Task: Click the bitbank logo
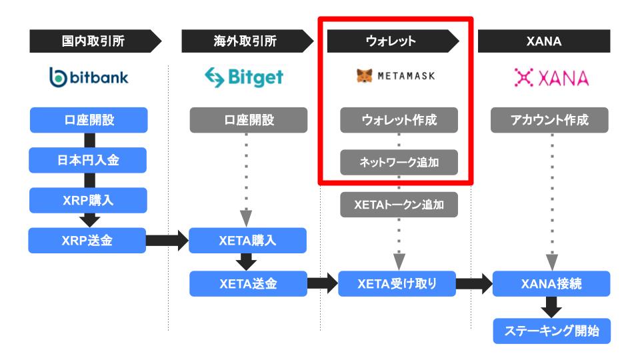(x=89, y=77)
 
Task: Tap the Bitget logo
(x=244, y=77)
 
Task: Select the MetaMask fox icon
(x=365, y=75)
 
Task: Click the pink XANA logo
(x=551, y=77)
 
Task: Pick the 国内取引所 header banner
(x=95, y=41)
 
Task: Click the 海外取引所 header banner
(x=247, y=41)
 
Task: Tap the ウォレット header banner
(x=393, y=41)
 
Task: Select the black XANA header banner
(x=544, y=41)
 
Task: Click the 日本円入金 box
(x=88, y=160)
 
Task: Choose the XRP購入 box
(x=88, y=200)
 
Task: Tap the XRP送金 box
(x=87, y=241)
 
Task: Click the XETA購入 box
(x=248, y=241)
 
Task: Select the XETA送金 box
(x=248, y=284)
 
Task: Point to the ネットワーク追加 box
(x=399, y=162)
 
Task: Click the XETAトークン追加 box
(x=399, y=205)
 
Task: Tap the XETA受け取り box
(x=397, y=284)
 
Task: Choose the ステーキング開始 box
(x=552, y=331)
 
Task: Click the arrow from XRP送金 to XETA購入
(x=167, y=241)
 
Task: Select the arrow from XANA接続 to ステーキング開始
(x=551, y=307)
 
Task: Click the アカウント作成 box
(x=549, y=120)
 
